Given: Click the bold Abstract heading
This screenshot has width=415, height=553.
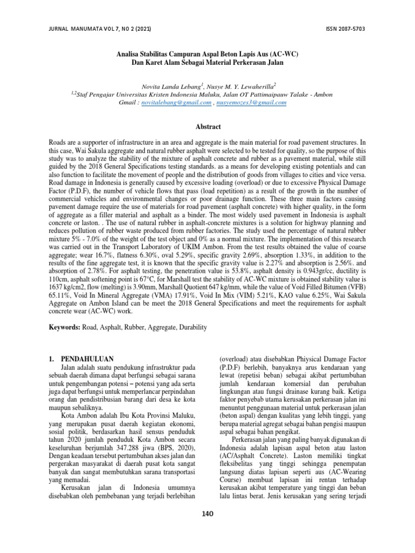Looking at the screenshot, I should (207, 126).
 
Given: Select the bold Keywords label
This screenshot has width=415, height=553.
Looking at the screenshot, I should (64, 328).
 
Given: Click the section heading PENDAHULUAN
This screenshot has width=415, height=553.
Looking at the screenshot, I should (86, 358).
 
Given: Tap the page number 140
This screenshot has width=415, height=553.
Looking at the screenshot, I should (207, 514).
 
